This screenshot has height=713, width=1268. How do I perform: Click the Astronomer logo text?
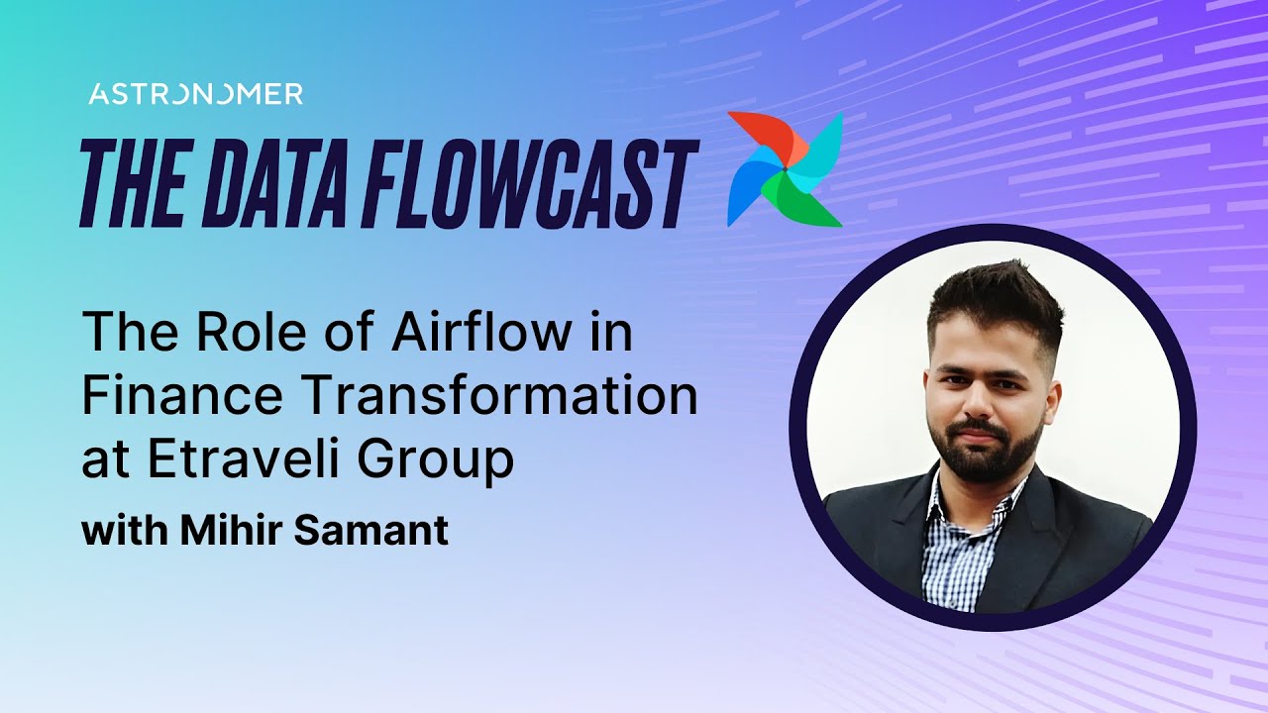coord(195,94)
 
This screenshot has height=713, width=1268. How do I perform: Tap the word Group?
coord(452,462)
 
